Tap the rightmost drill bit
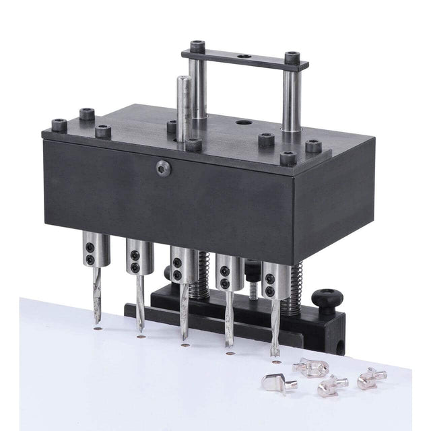click(275, 323)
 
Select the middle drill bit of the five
click(184, 310)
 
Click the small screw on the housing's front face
click(162, 168)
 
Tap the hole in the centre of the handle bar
click(244, 57)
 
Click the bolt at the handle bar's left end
click(197, 47)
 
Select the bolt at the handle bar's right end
click(292, 58)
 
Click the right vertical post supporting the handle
click(291, 101)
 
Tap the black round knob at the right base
click(328, 297)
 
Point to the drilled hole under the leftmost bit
click(98, 329)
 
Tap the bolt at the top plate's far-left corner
click(59, 125)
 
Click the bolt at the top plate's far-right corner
click(314, 146)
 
